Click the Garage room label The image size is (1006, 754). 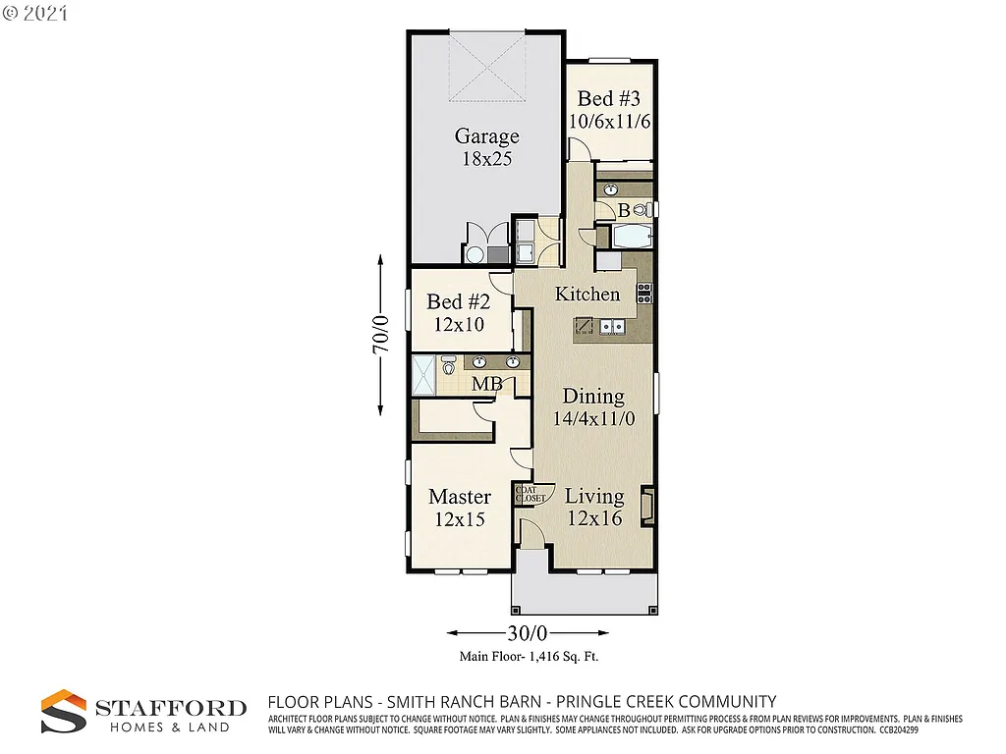coord(486,136)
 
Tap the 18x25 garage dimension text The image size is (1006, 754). coord(486,158)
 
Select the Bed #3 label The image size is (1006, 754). coord(609,98)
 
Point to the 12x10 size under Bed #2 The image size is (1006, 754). coord(458,323)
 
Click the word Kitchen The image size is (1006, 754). coord(587,294)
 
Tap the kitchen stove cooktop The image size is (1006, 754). coord(644,292)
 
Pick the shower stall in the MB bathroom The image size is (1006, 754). coord(423,374)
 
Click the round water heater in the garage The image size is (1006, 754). coord(475,255)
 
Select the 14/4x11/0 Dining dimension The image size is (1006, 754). coord(593,418)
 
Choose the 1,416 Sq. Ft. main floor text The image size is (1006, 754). coord(529,658)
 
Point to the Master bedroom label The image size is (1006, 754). coord(459,497)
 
